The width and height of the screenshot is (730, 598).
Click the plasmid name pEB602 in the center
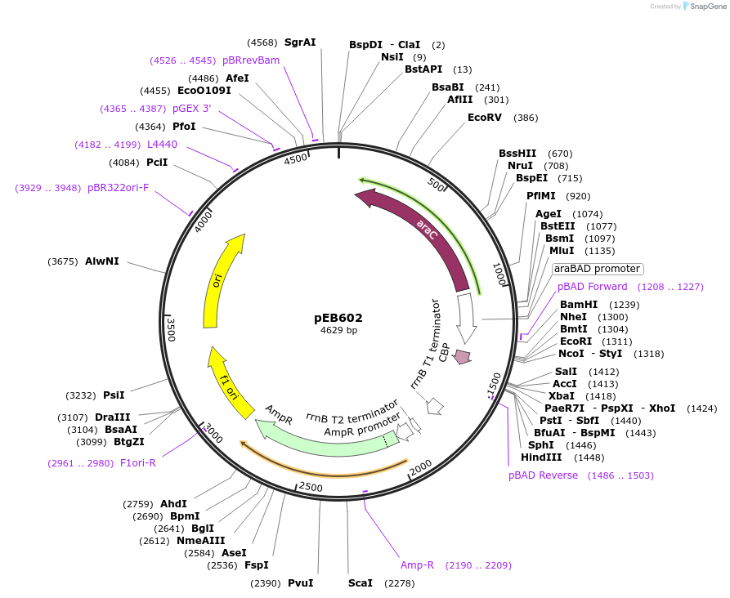[x=338, y=318]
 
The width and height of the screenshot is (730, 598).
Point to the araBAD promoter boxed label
[x=597, y=269]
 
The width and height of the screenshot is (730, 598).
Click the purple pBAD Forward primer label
[x=593, y=287]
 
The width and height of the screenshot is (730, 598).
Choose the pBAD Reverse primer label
[x=543, y=475]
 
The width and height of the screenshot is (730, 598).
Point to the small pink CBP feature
[x=463, y=356]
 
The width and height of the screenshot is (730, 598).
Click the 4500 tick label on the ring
[x=295, y=159]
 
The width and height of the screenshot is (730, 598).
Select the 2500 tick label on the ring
[x=311, y=488]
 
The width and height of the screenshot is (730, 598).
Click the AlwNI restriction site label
[x=102, y=261]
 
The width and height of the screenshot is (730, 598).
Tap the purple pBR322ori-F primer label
[x=119, y=188]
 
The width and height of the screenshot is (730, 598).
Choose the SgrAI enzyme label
[x=299, y=42]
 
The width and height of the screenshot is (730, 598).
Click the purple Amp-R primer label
[x=417, y=565]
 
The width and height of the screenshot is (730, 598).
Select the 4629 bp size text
[x=338, y=331]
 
